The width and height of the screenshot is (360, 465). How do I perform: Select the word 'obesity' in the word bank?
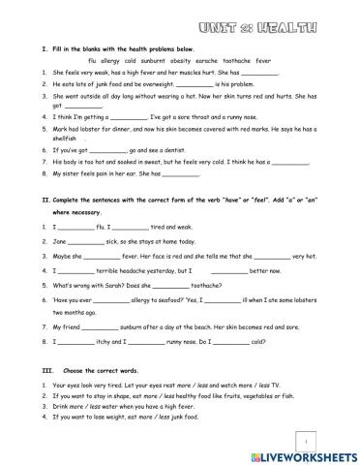click(x=201, y=58)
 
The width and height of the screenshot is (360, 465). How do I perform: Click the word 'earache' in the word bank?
click(x=231, y=58)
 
